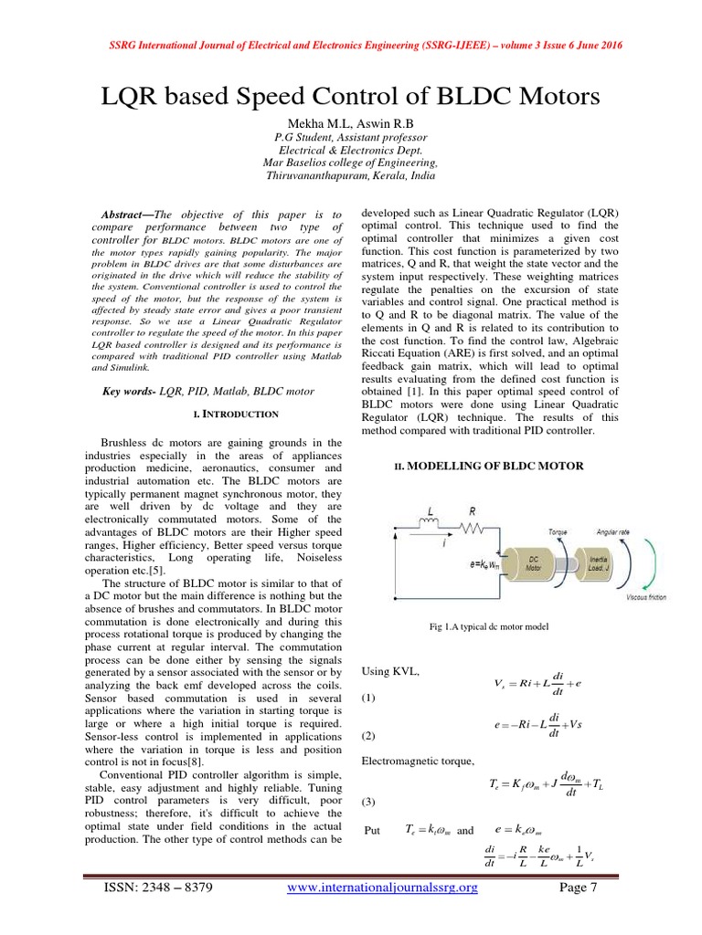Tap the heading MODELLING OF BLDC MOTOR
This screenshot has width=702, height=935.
click(x=487, y=466)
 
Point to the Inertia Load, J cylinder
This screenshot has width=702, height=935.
click(x=601, y=564)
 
